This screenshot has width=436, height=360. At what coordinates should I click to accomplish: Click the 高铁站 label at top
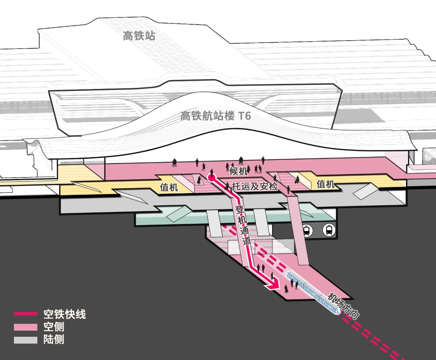tap(139, 36)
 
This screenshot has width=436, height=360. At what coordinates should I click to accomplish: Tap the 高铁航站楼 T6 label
tap(215, 116)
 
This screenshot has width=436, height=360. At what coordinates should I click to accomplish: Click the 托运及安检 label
tap(254, 186)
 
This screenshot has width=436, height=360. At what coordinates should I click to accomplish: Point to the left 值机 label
tap(169, 187)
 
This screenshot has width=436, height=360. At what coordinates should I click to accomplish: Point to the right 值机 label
tap(325, 184)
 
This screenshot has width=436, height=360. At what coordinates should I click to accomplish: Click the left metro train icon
tap(307, 230)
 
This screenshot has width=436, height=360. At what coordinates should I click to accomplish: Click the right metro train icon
tap(329, 230)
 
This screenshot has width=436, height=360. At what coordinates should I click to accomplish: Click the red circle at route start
tap(212, 177)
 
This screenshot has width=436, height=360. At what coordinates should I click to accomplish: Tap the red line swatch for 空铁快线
tap(26, 314)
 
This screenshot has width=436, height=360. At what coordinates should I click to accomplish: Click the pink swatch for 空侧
tap(26, 327)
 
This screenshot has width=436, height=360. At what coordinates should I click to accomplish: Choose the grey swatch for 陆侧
tap(26, 340)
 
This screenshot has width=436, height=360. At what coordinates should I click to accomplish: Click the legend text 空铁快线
tap(64, 314)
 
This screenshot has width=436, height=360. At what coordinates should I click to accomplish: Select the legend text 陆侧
tap(54, 340)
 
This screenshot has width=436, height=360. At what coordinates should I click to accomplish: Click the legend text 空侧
tap(54, 327)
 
